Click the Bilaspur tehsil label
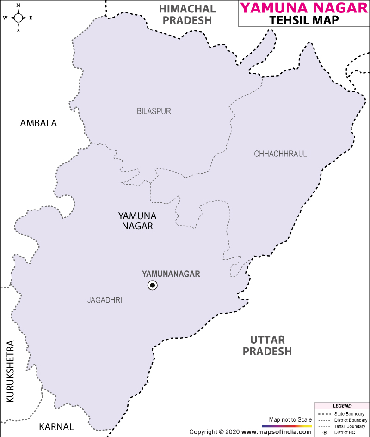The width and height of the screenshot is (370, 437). pyautogui.click(x=154, y=111)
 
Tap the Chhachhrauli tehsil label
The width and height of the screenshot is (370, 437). pyautogui.click(x=281, y=154)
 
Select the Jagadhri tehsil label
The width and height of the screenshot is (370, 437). pyautogui.click(x=105, y=300)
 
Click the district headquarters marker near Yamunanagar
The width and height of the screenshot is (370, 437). pyautogui.click(x=152, y=286)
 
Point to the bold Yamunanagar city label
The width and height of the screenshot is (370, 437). pyautogui.click(x=171, y=274)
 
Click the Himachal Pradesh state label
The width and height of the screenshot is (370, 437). pyautogui.click(x=187, y=14)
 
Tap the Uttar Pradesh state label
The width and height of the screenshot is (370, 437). pyautogui.click(x=267, y=346)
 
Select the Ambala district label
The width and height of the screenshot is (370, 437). pyautogui.click(x=38, y=123)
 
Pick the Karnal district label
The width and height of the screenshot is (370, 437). pyautogui.click(x=56, y=426)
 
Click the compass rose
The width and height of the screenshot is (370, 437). pyautogui.click(x=18, y=18)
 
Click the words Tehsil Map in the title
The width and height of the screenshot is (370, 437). pyautogui.click(x=304, y=20)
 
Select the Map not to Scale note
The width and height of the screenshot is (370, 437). pyautogui.click(x=290, y=419)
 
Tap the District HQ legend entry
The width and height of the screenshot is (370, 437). pyautogui.click(x=347, y=432)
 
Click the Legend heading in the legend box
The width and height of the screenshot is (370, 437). pyautogui.click(x=342, y=406)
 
